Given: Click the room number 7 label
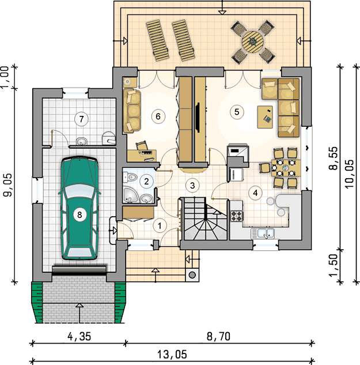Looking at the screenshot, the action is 81,119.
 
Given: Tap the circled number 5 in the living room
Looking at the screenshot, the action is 237,112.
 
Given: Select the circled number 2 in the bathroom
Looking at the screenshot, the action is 146,181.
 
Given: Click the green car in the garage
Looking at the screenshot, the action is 79,208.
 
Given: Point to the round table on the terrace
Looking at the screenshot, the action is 252,42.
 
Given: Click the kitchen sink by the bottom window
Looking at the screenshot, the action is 263,234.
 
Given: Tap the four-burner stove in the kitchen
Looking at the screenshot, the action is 237,216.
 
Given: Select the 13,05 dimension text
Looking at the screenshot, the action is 172,355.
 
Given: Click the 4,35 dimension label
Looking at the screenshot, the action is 79,337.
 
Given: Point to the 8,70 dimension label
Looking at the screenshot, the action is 218,336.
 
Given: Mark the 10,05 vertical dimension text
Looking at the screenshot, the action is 349,174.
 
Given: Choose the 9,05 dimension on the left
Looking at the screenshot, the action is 7,185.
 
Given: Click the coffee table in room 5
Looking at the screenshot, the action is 265,117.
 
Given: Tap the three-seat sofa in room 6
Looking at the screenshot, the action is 132,111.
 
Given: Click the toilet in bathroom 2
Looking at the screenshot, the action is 130,178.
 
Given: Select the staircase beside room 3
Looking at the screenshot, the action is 204,219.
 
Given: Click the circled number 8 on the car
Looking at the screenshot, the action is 79,215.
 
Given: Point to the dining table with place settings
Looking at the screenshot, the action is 286,168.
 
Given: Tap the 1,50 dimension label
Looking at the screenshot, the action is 334,265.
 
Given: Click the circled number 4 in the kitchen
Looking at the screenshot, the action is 255,193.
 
